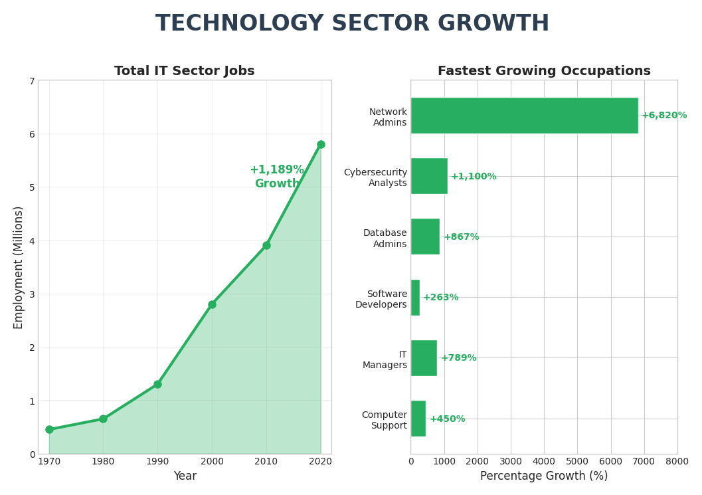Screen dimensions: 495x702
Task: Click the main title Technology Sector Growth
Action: click(x=352, y=24)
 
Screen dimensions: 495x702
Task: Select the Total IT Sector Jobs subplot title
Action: click(x=184, y=71)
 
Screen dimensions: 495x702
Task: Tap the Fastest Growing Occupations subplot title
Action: click(x=543, y=71)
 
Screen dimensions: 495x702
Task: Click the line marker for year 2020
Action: click(x=321, y=145)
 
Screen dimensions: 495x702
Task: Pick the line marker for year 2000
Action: click(x=212, y=304)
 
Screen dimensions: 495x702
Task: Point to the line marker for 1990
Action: click(x=157, y=384)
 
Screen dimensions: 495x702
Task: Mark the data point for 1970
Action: click(x=49, y=429)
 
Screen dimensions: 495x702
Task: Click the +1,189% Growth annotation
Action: click(x=277, y=177)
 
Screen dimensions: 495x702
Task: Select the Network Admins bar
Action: click(x=524, y=116)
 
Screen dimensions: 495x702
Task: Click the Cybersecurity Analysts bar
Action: click(x=429, y=176)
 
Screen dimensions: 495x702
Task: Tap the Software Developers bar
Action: click(x=415, y=298)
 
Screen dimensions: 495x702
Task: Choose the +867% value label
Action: click(x=461, y=237)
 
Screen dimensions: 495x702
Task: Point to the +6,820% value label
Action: click(x=663, y=116)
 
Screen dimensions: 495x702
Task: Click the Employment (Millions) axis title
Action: click(x=19, y=267)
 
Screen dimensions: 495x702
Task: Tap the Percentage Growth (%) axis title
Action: click(x=543, y=476)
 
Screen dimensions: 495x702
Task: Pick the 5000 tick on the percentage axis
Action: click(x=577, y=461)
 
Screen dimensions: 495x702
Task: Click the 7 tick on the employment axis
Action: click(x=31, y=81)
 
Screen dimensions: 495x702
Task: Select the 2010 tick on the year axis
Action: click(x=266, y=461)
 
